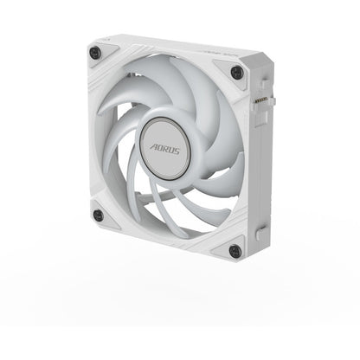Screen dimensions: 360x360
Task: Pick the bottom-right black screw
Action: [232, 251]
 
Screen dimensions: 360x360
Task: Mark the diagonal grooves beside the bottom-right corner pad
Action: [212, 254]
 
